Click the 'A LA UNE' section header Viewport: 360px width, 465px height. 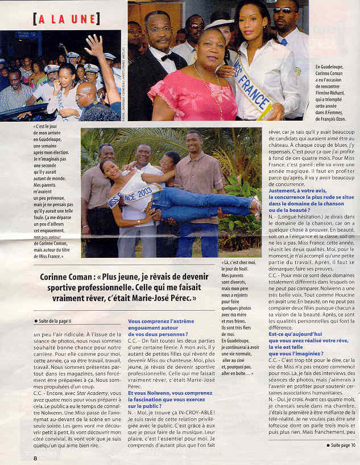pyautogui.click(x=67, y=19)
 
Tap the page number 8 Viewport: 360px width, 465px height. pyautogui.click(x=35, y=458)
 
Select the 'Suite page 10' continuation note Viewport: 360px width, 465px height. pyautogui.click(x=342, y=445)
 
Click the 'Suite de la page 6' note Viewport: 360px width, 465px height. pyautogui.click(x=57, y=320)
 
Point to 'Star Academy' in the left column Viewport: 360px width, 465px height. pyautogui.click(x=74, y=392)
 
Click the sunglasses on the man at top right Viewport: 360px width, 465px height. pyautogui.click(x=283, y=10)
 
